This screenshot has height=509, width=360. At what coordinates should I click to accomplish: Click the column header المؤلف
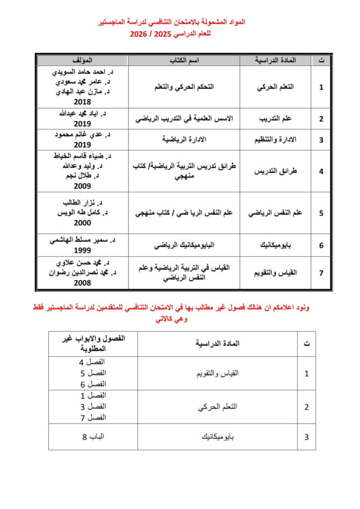82,60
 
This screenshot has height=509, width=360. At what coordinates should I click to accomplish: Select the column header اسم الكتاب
184,60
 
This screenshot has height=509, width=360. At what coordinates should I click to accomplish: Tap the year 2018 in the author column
82,101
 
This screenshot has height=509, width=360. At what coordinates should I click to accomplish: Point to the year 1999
82,251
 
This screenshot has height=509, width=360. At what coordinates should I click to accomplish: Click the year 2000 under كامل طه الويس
82,223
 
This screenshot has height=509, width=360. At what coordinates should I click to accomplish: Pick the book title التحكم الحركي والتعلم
184,86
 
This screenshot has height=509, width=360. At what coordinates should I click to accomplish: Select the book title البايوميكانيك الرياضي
184,246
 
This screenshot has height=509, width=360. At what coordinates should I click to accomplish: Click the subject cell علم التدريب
275,119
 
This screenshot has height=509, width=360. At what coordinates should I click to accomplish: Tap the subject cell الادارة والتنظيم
275,139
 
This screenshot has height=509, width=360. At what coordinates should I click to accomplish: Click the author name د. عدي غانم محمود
82,135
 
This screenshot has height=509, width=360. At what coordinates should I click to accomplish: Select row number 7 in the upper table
321,272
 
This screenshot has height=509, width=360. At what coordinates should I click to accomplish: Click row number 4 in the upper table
321,171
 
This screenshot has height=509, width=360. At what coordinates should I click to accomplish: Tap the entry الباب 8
93,437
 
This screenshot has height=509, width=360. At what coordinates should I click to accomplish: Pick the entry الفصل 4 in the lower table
93,362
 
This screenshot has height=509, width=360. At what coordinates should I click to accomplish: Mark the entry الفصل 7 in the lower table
93,417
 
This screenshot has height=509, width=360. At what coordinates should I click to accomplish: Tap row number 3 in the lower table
306,437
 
